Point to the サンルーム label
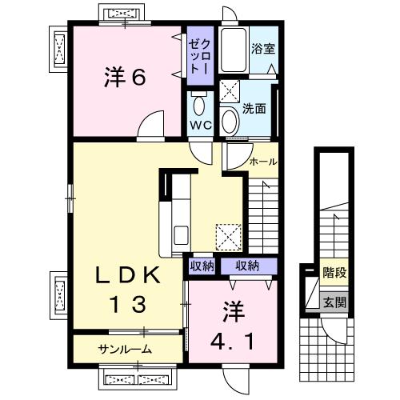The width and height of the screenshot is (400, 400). click(126, 349)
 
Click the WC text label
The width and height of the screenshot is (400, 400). click(199, 126)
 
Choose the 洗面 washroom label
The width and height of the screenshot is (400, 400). click(254, 108)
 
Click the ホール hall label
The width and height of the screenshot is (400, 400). click(263, 162)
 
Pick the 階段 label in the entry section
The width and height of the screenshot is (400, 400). click(334, 273)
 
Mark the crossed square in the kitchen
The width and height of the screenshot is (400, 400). click(229, 235)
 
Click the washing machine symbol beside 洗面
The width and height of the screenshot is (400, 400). click(230, 90)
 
